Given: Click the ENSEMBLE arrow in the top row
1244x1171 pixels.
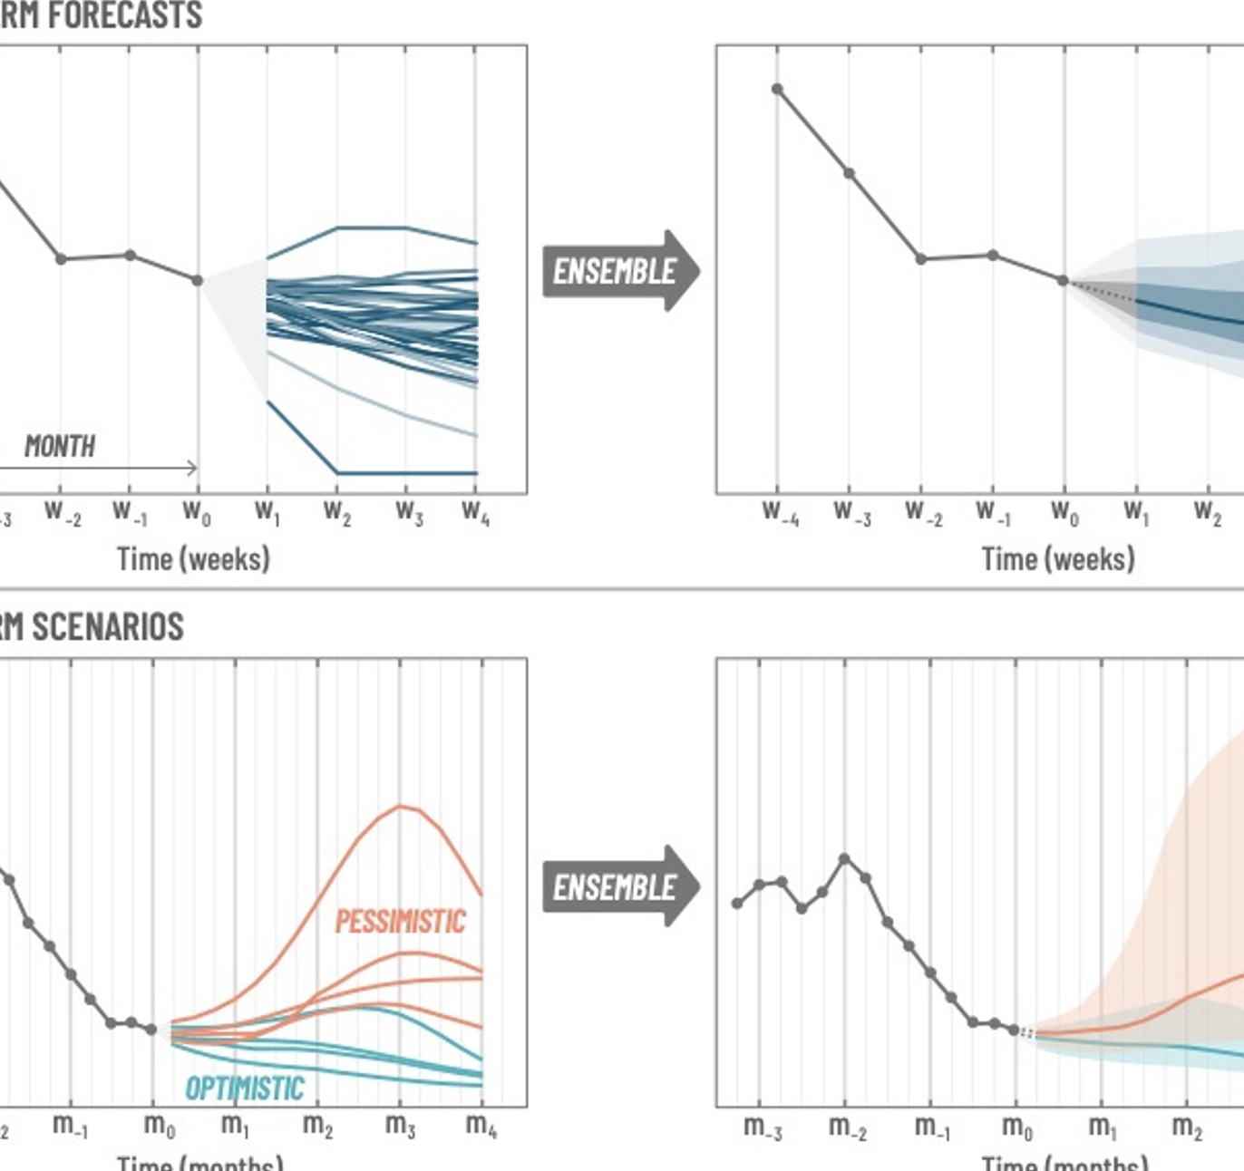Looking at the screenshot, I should click(x=620, y=271).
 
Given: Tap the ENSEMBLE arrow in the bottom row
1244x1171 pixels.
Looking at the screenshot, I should click(x=620, y=886).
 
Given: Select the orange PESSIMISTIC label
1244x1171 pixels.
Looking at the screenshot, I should click(x=400, y=922).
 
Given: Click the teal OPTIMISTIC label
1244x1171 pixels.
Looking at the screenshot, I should click(x=244, y=1088).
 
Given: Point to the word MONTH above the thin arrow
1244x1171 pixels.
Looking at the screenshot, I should click(x=60, y=446).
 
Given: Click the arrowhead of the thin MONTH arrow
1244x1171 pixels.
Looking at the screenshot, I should click(x=192, y=468).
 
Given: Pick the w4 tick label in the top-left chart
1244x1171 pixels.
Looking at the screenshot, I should click(x=475, y=512).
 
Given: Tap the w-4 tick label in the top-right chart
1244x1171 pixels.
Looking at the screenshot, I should click(x=780, y=512).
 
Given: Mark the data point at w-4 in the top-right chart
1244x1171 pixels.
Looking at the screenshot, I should click(x=777, y=89).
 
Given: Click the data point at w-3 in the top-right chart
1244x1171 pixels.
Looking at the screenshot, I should click(x=849, y=173).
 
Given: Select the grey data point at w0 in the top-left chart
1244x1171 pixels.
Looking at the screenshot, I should click(x=198, y=280).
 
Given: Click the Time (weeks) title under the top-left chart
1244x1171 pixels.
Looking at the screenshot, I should click(x=193, y=558).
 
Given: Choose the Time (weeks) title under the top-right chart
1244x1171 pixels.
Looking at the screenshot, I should click(x=1057, y=558).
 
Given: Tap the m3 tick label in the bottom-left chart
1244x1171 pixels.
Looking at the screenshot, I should click(x=400, y=1127).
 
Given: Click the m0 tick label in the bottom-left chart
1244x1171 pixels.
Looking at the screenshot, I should click(x=159, y=1127).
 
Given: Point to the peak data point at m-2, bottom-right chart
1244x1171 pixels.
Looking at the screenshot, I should click(x=844, y=858).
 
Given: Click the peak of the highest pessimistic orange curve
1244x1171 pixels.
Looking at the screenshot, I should click(x=400, y=806).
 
